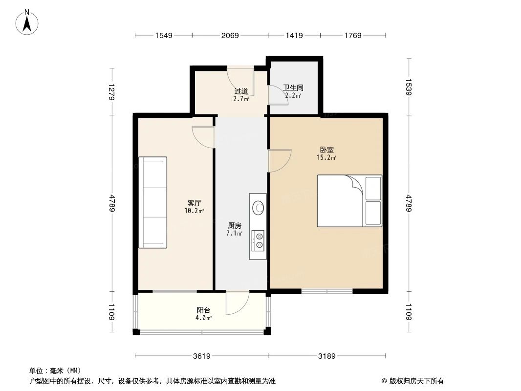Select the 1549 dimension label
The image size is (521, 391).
tap(165, 35)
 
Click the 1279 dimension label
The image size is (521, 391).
tap(112, 92)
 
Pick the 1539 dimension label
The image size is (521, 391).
tap(409, 87)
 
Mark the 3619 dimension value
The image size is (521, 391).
tap(201, 356)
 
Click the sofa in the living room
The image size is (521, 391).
tap(152, 202)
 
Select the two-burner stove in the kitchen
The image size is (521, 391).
tap(258, 240)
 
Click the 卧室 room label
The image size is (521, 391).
tap(327, 150)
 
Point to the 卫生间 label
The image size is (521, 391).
tap(293, 88)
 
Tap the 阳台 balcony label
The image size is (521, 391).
tap(204, 310)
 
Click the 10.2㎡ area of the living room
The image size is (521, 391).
tap(194, 211)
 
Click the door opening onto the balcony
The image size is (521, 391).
tap(238, 303)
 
